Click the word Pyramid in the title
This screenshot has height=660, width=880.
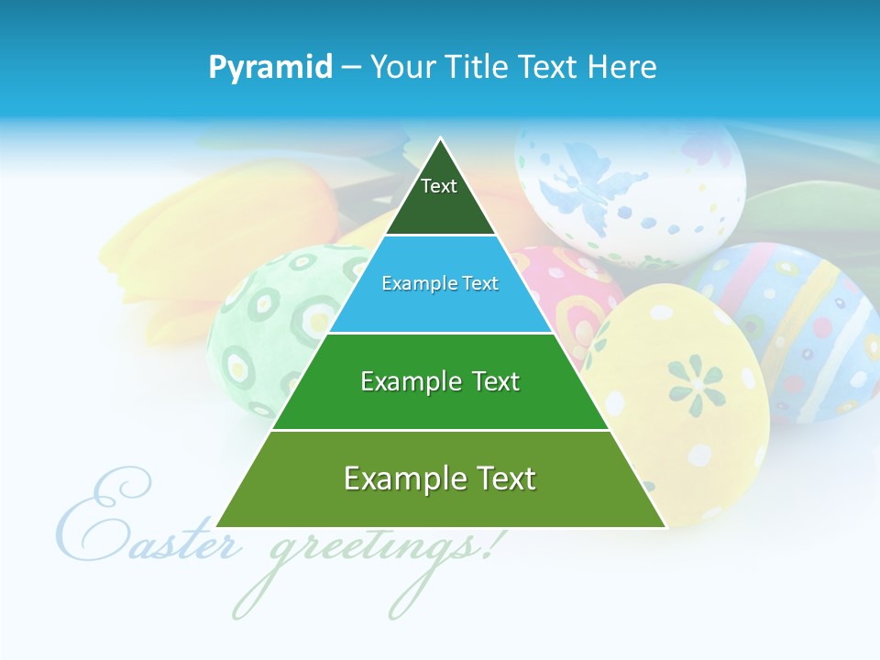(269, 68)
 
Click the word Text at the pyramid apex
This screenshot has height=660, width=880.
(438, 186)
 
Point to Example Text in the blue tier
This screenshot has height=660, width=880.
(440, 283)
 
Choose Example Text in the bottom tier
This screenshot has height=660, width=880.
(440, 478)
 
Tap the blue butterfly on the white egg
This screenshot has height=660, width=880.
(573, 188)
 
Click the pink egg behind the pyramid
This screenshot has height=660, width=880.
(573, 293)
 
